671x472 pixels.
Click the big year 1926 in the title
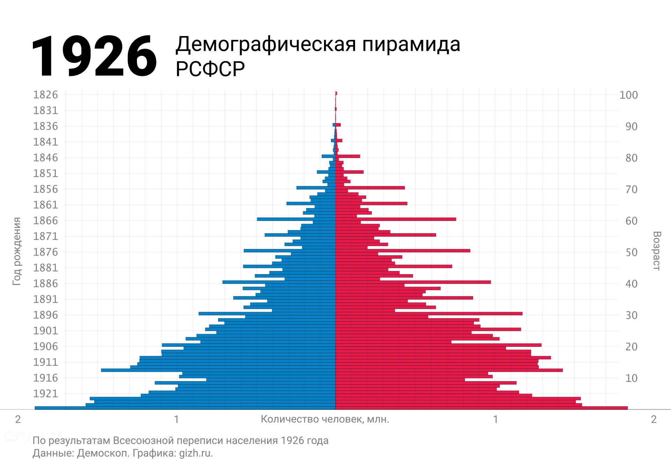coord(94,56)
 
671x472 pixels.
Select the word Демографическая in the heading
coord(266,45)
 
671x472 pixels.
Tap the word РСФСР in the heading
coord(210,69)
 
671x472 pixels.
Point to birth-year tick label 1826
coord(45,95)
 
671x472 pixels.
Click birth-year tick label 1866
coord(45,221)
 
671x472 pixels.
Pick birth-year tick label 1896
coord(45,315)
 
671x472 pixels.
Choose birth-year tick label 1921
coord(45,394)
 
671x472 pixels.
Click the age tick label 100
coord(628,95)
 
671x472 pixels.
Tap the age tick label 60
coord(631,221)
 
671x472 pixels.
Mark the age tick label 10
coord(631,378)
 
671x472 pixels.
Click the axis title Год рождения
coord(17,251)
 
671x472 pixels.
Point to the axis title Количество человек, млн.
coord(325,419)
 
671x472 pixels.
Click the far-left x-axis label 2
coord(18,419)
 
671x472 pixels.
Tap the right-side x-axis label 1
coord(495,419)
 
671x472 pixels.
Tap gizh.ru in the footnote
coord(196,453)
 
